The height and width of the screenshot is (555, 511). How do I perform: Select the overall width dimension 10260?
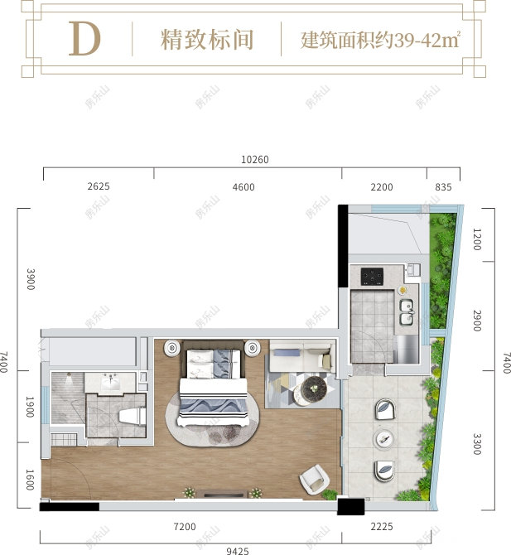click(x=255, y=160)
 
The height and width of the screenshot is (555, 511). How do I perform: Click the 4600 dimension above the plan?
click(x=243, y=187)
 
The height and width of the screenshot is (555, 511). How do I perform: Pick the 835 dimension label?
click(x=443, y=187)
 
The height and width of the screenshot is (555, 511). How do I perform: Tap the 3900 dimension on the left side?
click(x=31, y=277)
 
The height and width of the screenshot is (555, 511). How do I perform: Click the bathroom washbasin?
click(x=112, y=383)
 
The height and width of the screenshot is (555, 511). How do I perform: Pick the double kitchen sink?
click(x=407, y=311)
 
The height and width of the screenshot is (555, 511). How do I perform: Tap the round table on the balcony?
click(x=383, y=438)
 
